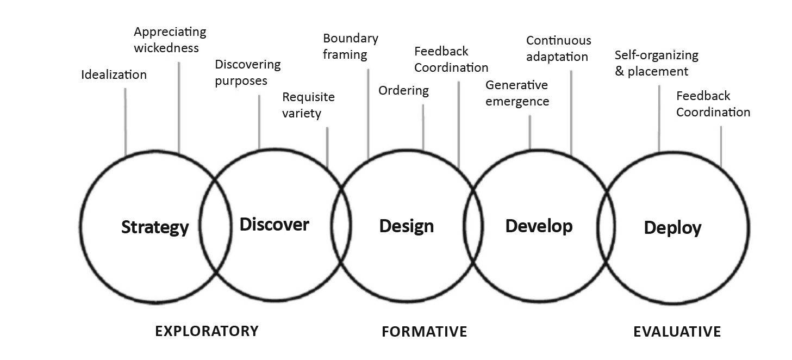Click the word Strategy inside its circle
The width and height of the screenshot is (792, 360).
coord(155,227)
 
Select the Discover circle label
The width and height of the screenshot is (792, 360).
coord(275,224)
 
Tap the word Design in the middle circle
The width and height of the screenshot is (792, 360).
coord(407,226)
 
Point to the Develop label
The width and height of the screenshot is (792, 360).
coord(539,226)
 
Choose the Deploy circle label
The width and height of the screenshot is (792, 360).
coord(672,227)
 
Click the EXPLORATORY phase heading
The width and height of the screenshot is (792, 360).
coord(207,331)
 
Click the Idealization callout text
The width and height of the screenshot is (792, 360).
coord(114,75)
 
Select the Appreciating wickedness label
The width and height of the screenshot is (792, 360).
coord(166,40)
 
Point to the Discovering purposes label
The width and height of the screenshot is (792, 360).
coord(247,72)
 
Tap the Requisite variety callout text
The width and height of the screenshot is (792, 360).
coord(308,105)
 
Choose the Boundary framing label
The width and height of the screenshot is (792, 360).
coord(350,46)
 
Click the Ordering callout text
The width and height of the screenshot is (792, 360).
coord(403,90)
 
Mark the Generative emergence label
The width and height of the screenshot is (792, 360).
coord(517,93)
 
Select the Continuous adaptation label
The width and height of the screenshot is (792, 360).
coord(558,48)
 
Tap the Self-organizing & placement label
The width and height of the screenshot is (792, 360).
coord(656,63)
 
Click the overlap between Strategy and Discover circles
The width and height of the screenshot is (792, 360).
coord(215,226)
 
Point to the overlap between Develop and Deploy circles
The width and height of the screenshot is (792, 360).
coord(604,226)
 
